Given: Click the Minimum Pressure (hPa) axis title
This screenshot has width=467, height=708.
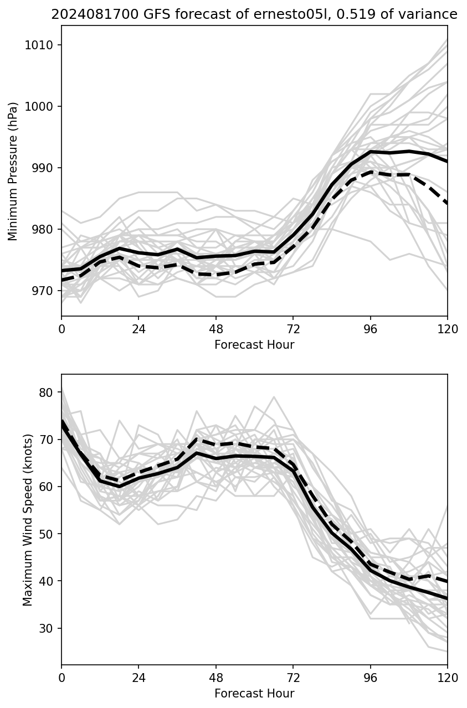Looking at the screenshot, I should coord(13,171).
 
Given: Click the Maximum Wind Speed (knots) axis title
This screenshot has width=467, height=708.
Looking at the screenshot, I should coord(28,519).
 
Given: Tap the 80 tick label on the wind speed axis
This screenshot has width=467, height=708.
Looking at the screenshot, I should coord(46,392).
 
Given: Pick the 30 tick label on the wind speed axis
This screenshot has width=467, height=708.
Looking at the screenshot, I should coord(46,628).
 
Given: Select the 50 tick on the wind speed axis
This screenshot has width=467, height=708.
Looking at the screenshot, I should coord(46,534).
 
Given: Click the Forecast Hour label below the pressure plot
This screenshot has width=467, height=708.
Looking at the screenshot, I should coord(254,345).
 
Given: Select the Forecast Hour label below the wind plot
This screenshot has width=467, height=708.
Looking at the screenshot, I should coord(254,694).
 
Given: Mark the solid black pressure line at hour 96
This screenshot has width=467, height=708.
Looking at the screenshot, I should coord(371,152).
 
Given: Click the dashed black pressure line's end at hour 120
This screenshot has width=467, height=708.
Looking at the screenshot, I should coord(447,203).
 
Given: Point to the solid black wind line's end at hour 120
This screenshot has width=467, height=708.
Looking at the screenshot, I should coord(447,598).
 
